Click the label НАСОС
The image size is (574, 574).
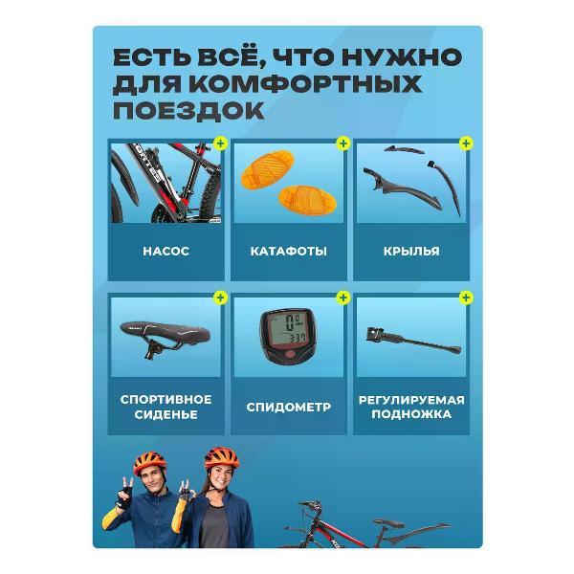click(166, 251)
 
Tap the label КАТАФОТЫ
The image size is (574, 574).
click(288, 252)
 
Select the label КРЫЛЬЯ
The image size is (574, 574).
click(411, 252)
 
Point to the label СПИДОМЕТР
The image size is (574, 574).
click(288, 407)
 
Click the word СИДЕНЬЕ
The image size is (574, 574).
click(166, 415)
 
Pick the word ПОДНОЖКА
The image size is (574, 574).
click(411, 415)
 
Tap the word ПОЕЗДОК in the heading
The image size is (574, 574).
click(188, 110)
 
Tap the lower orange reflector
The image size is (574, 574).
click(301, 199)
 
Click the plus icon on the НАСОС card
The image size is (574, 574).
click(221, 143)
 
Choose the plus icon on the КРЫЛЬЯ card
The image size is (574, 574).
click(465, 143)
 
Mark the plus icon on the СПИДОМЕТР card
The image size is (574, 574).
click(343, 298)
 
